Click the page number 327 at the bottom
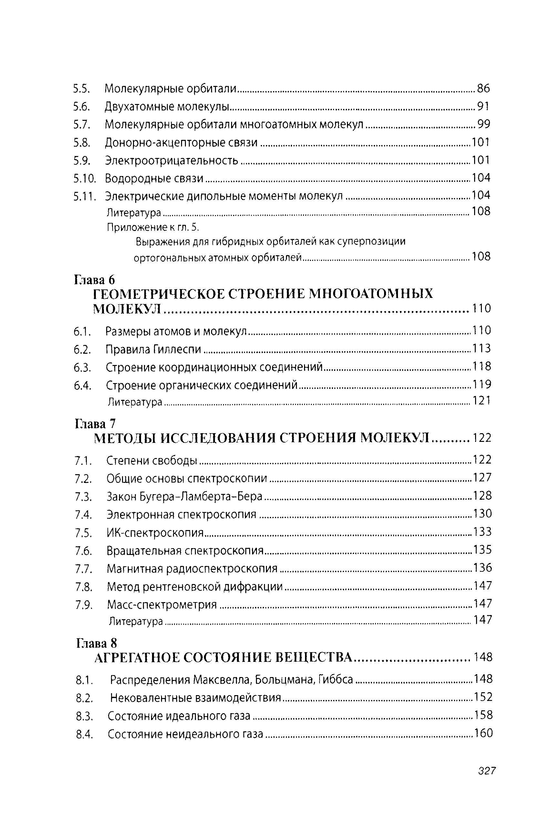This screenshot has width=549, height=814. pyautogui.click(x=486, y=771)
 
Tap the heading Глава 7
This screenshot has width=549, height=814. pyautogui.click(x=95, y=423)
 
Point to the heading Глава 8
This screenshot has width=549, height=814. pyautogui.click(x=97, y=643)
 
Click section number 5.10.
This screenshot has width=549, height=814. pyautogui.click(x=84, y=179)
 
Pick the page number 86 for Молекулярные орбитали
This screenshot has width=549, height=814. pyautogui.click(x=483, y=88)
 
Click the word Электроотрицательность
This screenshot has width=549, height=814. pyautogui.click(x=172, y=161)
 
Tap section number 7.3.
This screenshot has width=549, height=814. pyautogui.click(x=83, y=497)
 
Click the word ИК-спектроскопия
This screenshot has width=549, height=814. pyautogui.click(x=155, y=533)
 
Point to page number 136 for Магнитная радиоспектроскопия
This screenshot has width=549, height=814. pyautogui.click(x=483, y=568)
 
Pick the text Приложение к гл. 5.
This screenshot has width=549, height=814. pyautogui.click(x=153, y=228)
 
